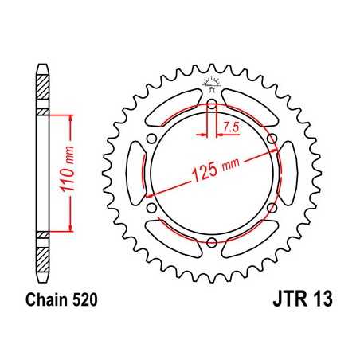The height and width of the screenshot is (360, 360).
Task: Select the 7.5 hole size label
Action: pos(231,128)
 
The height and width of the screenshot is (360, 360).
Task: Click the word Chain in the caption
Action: pos(40,303)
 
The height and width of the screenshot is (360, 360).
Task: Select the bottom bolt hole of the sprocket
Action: pos(211,243)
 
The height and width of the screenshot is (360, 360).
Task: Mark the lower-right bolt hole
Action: pos(272,208)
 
